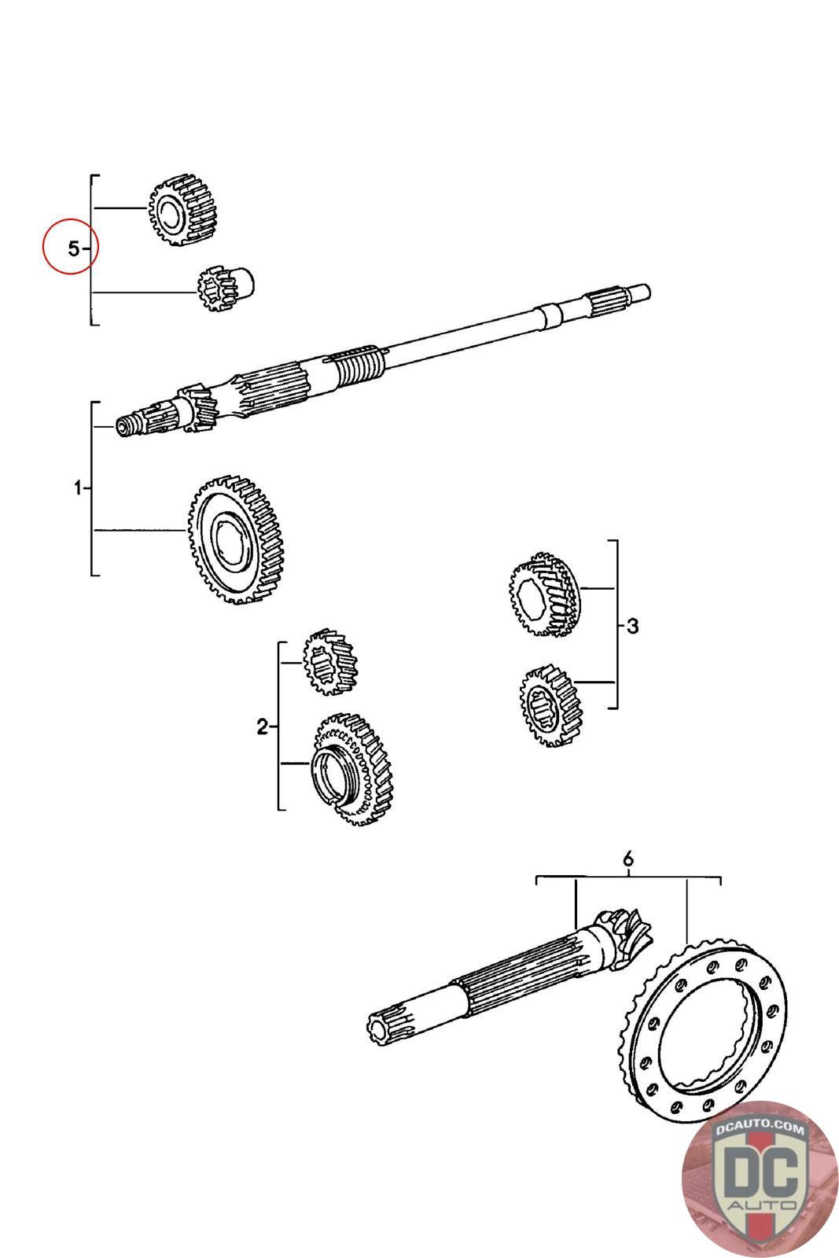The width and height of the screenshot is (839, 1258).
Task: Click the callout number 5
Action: [x=73, y=249]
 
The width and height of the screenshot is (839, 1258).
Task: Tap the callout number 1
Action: [x=78, y=488]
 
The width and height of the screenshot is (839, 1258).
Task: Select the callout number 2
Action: [x=262, y=727]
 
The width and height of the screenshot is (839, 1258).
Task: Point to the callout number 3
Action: [x=632, y=627]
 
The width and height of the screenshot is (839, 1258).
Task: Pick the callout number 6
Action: [x=627, y=859]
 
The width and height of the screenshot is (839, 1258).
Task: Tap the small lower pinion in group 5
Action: [x=226, y=290]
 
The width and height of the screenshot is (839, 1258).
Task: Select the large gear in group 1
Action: [x=237, y=538]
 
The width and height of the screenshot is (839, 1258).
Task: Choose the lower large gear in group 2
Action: [x=353, y=770]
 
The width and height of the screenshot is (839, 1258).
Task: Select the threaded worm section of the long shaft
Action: [x=358, y=364]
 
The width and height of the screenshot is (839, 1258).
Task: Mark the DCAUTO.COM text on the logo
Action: [x=760, y=1130]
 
